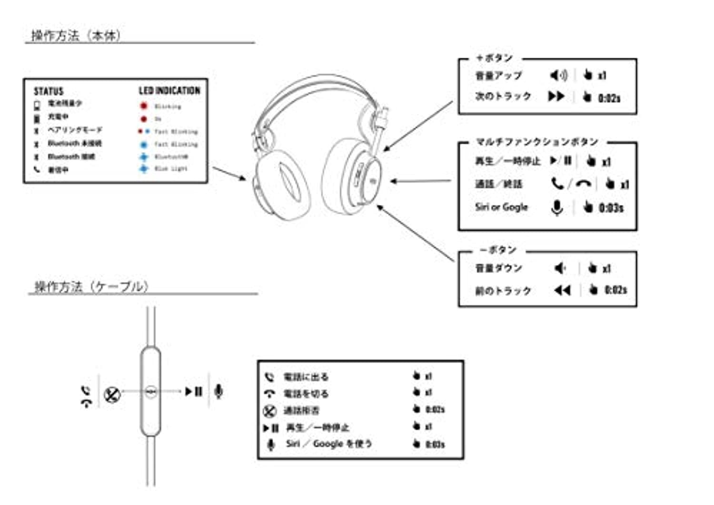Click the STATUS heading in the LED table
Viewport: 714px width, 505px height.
click(48, 91)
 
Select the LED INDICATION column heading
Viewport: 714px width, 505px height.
click(169, 90)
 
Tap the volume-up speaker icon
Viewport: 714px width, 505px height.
click(558, 75)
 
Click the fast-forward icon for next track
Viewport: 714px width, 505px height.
click(555, 97)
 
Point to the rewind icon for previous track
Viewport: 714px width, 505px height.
click(562, 290)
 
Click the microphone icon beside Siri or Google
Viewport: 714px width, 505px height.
click(557, 207)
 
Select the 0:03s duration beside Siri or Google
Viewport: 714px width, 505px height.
click(611, 208)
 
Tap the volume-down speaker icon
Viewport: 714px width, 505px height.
click(560, 269)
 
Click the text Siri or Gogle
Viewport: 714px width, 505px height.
click(501, 207)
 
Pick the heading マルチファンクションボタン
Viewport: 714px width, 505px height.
click(537, 142)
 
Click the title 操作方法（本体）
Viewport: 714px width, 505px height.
click(76, 36)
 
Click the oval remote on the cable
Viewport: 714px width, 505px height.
click(150, 391)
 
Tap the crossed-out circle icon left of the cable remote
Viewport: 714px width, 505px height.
click(111, 395)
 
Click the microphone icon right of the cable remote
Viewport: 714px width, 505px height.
click(218, 391)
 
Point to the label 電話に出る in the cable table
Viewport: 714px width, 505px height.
click(306, 377)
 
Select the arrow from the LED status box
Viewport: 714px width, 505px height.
click(229, 174)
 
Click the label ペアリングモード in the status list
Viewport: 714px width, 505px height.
click(75, 130)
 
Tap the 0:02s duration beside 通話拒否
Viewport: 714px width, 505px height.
click(435, 409)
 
